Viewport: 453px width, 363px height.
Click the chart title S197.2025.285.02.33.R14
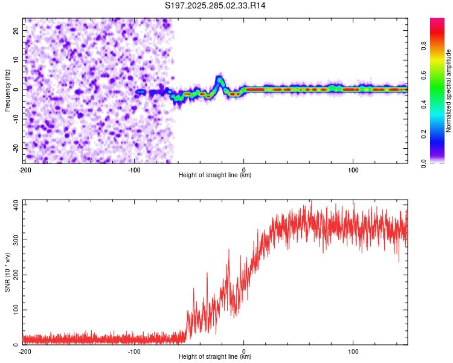(216, 5)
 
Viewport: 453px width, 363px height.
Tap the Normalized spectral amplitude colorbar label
(449, 91)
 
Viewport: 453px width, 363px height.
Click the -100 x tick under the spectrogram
(133, 169)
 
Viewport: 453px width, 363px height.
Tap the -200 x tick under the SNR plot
(25, 351)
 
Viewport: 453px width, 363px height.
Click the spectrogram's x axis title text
(215, 175)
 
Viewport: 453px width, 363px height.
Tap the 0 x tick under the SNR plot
(243, 351)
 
